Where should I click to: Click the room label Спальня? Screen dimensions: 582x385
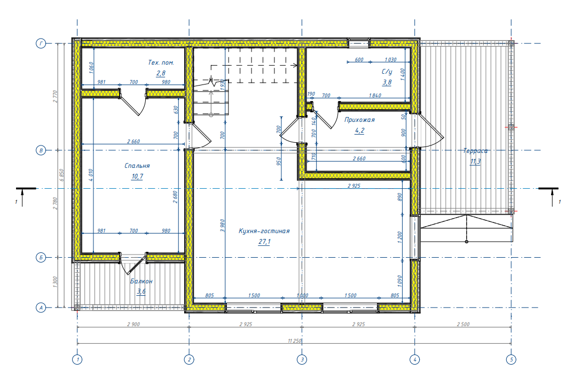tap(137, 166)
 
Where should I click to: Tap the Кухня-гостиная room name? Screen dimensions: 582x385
tap(264, 231)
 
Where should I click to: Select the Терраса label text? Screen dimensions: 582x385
tap(475, 151)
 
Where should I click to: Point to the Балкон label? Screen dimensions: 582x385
tap(141, 281)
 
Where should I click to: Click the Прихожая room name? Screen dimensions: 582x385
tap(359, 120)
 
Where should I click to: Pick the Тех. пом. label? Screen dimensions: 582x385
tap(161, 63)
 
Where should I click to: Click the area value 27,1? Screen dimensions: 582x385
tap(264, 242)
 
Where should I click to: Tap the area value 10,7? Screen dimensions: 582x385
tap(137, 176)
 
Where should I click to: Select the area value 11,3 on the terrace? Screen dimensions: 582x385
tap(475, 161)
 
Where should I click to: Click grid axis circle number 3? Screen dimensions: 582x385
tap(302, 359)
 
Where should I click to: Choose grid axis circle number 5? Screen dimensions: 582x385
tap(511, 359)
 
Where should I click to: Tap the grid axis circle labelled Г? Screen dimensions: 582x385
tap(41, 43)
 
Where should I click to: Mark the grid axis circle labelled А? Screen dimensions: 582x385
tap(41, 307)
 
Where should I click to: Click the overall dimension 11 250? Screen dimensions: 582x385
tap(294, 341)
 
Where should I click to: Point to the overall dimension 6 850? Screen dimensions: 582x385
tap(62, 175)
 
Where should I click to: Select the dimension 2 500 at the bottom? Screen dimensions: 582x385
tap(463, 325)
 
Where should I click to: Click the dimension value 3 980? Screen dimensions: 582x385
tap(222, 226)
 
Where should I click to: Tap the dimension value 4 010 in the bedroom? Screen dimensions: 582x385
tap(91, 175)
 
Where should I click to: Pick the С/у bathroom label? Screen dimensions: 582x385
tap(387, 72)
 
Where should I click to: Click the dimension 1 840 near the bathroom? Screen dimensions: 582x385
tap(375, 96)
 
